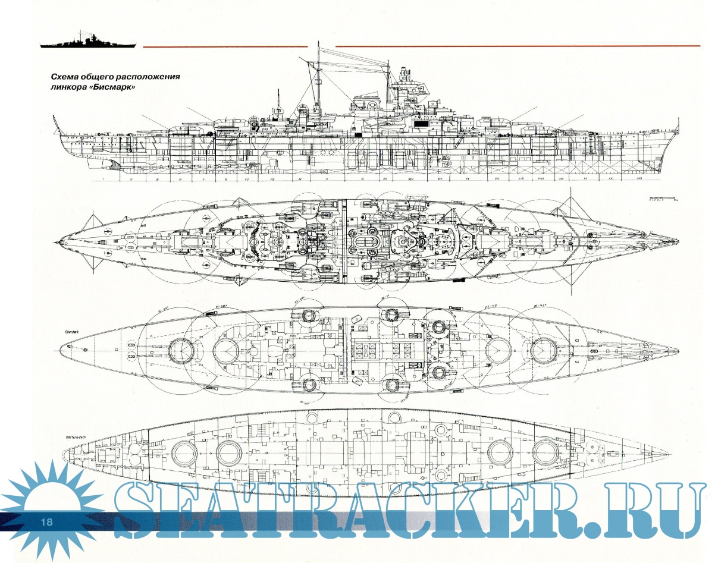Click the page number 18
click(46, 522)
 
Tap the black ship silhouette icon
click(88, 42)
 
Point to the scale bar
click(661, 197)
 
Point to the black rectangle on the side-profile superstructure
click(421, 122)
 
